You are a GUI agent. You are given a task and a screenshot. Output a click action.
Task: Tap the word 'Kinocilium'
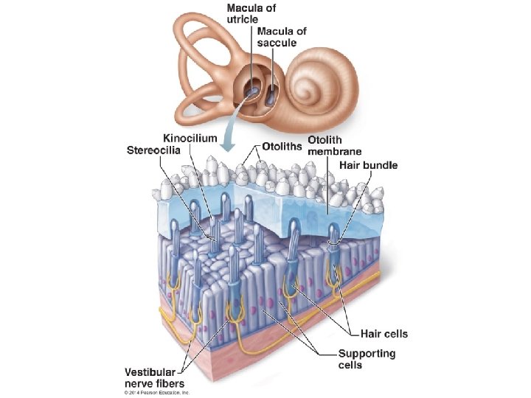coord(190,138)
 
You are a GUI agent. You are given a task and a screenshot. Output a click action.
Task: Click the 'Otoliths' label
coord(282,147)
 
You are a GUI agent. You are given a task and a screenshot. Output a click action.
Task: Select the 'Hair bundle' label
coord(368,165)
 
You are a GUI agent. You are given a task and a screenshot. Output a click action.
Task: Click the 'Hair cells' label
coord(383,334)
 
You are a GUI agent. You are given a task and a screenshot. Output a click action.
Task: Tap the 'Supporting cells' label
coord(367,360)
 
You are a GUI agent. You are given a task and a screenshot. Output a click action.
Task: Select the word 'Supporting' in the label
coord(367,354)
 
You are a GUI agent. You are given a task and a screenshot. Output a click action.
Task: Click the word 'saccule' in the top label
coord(277,43)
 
